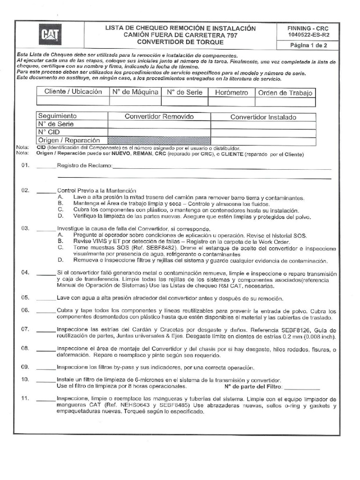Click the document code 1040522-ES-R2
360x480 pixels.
pyautogui.click(x=309, y=35)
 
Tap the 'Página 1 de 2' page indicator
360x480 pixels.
pyautogui.click(x=309, y=45)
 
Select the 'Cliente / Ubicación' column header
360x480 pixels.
pyautogui.click(x=73, y=92)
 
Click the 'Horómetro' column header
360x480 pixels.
pyautogui.click(x=231, y=92)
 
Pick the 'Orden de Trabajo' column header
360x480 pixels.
pyautogui.click(x=285, y=92)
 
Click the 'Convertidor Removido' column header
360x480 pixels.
pyautogui.click(x=159, y=117)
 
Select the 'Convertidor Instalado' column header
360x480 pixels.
pyautogui.click(x=263, y=117)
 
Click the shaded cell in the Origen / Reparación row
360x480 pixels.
pyautogui.click(x=159, y=140)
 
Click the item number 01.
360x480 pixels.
pyautogui.click(x=25, y=165)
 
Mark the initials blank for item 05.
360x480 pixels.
pyautogui.click(x=46, y=298)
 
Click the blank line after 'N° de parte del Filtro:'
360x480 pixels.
pyautogui.click(x=302, y=387)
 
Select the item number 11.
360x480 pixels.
pyautogui.click(x=25, y=398)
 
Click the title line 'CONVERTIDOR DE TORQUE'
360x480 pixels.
pyautogui.click(x=180, y=42)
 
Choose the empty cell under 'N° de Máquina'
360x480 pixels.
pyautogui.click(x=135, y=102)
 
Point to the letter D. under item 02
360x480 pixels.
pyautogui.click(x=60, y=217)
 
